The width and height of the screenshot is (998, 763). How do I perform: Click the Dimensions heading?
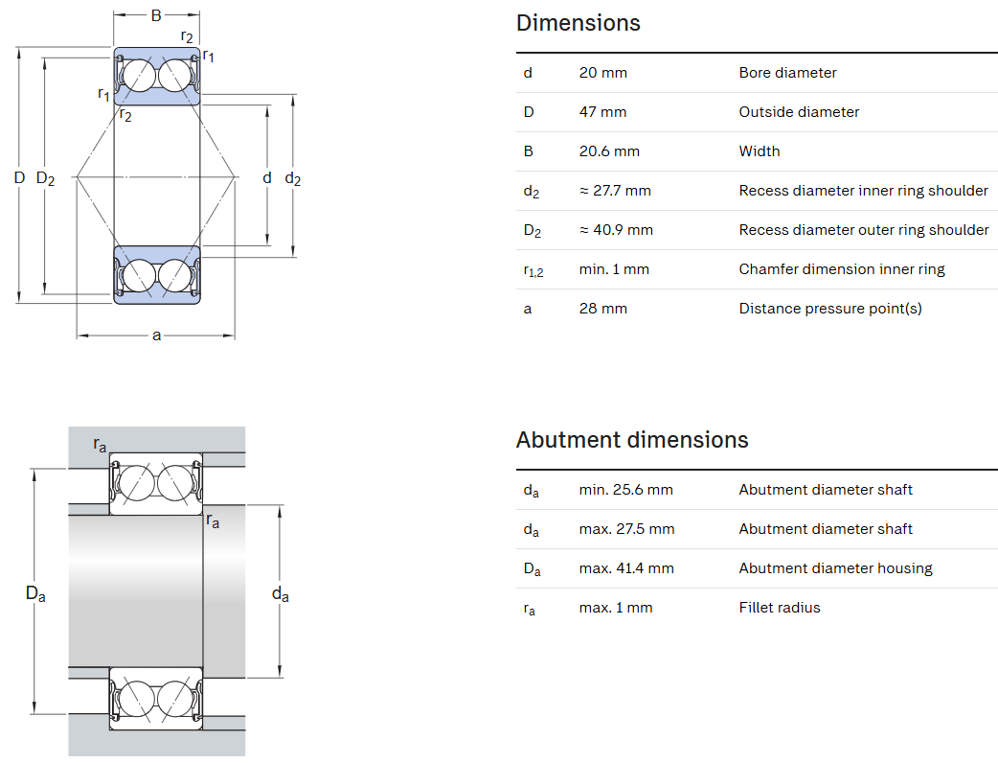(578, 23)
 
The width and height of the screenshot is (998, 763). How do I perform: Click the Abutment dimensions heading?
(631, 440)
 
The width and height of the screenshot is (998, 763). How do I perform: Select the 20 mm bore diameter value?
(602, 73)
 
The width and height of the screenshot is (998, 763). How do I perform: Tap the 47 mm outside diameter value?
(602, 112)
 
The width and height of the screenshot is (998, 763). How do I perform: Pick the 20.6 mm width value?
(609, 151)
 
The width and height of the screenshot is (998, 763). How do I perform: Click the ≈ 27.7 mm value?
(615, 191)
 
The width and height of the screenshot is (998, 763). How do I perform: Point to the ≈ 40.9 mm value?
(616, 230)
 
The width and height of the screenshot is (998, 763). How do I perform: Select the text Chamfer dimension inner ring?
(841, 269)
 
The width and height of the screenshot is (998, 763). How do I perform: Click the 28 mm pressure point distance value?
(602, 309)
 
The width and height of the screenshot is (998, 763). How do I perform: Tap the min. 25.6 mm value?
(625, 490)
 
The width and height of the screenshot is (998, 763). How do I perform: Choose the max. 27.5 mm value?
(626, 529)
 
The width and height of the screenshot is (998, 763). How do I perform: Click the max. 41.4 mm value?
(626, 568)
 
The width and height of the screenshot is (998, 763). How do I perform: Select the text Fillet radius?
(779, 608)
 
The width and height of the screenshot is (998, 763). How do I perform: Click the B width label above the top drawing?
(156, 15)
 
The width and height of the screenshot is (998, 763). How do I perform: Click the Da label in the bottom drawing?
(35, 594)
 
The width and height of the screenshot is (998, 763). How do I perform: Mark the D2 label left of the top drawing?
(45, 178)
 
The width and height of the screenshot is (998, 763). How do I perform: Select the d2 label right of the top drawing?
(293, 178)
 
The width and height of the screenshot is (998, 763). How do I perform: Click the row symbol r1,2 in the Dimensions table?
(533, 270)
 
